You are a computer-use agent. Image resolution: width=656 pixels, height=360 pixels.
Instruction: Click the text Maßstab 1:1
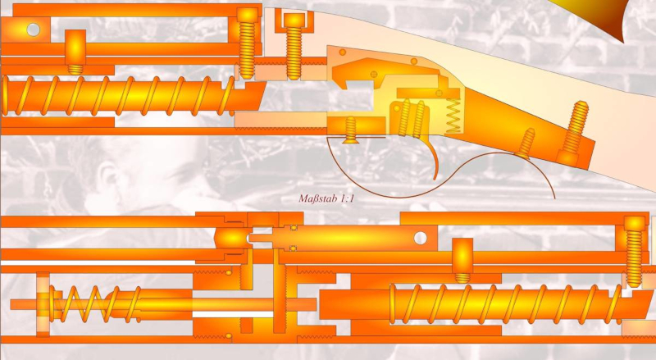pos(326,198)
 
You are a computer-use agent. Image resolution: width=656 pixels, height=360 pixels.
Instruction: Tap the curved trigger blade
pos(434,159)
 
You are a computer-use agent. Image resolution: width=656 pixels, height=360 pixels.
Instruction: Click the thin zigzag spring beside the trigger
pos(453,116)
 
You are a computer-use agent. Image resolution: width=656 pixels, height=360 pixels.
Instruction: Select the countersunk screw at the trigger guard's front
pos(350,130)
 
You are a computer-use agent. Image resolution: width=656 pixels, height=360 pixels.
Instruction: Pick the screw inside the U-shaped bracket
pos(294,46)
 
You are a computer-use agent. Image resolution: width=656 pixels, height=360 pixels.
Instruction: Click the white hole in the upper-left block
pos(33,30)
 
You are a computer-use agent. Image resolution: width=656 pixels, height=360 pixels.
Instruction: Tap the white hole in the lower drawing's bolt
pos(420,238)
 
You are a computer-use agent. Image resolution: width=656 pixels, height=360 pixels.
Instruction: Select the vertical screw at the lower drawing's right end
pos(634,251)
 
